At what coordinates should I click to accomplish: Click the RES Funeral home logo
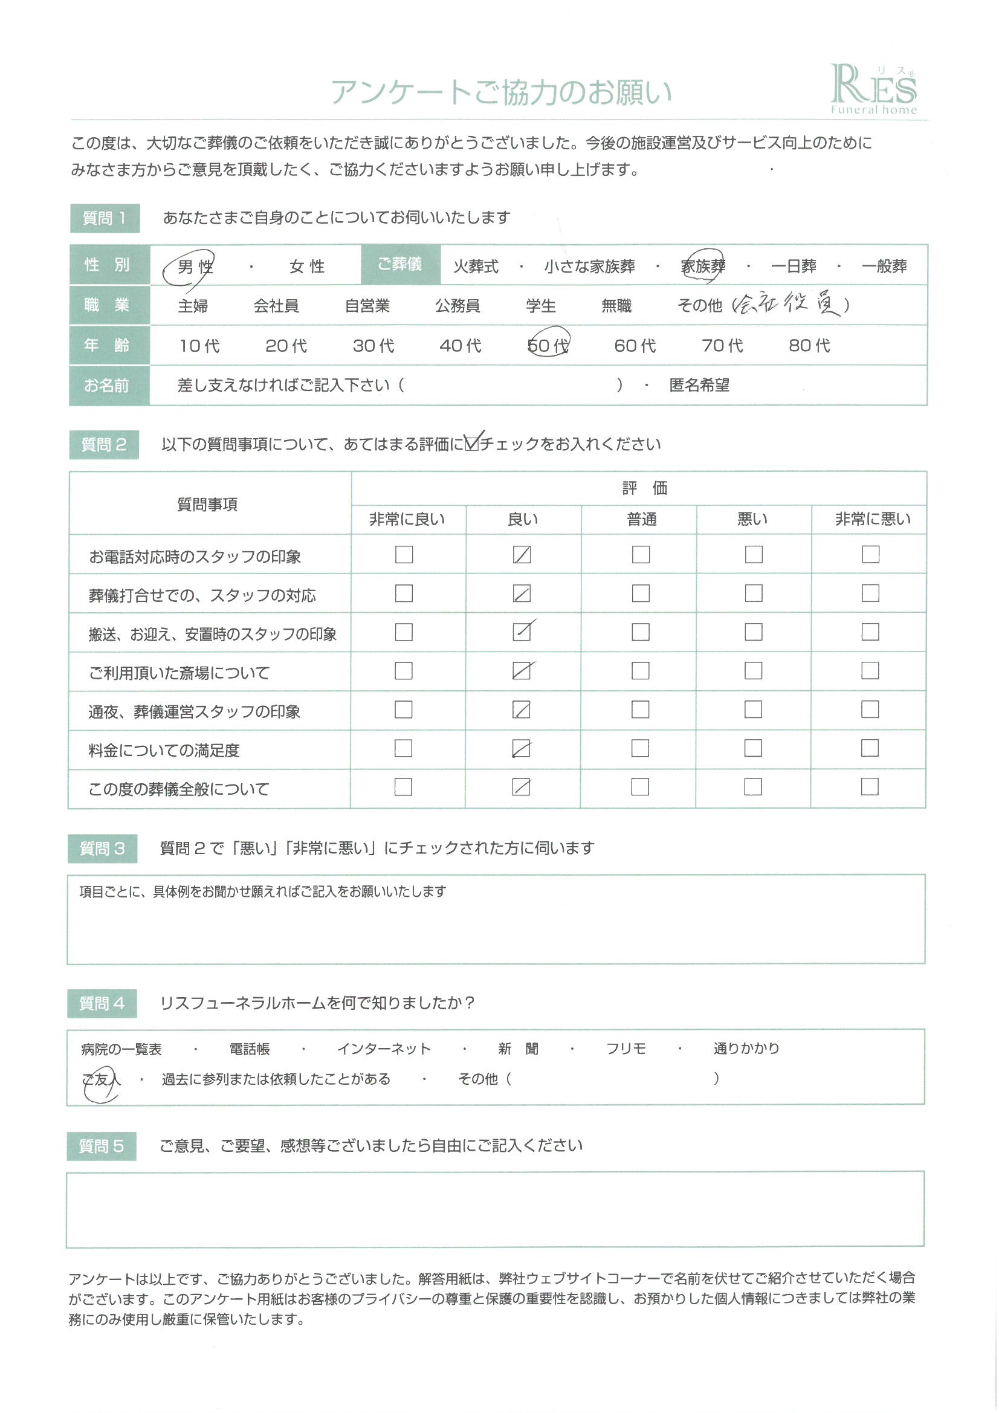tap(873, 90)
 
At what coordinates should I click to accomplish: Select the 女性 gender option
tap(306, 267)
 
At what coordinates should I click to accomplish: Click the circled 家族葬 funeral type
tap(703, 267)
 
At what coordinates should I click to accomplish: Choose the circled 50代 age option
tap(548, 345)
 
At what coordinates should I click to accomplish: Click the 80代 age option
tap(809, 345)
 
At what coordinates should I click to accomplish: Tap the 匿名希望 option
tap(699, 385)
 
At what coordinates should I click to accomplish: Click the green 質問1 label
tap(105, 218)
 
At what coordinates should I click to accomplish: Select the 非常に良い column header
tap(407, 519)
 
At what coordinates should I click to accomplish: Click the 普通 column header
tap(641, 519)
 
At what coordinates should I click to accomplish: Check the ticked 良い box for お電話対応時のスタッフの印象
tap(522, 554)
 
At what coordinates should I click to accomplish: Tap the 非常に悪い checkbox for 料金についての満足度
tap(870, 748)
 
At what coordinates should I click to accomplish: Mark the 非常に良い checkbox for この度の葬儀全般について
tap(403, 786)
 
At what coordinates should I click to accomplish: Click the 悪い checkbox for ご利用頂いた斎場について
tap(754, 670)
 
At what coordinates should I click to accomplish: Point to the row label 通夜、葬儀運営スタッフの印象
tap(194, 711)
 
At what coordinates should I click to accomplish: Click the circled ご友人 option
tap(100, 1079)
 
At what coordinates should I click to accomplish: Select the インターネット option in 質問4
tap(384, 1049)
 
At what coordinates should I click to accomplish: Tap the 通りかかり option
tap(746, 1048)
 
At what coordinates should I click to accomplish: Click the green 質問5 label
tap(102, 1146)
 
